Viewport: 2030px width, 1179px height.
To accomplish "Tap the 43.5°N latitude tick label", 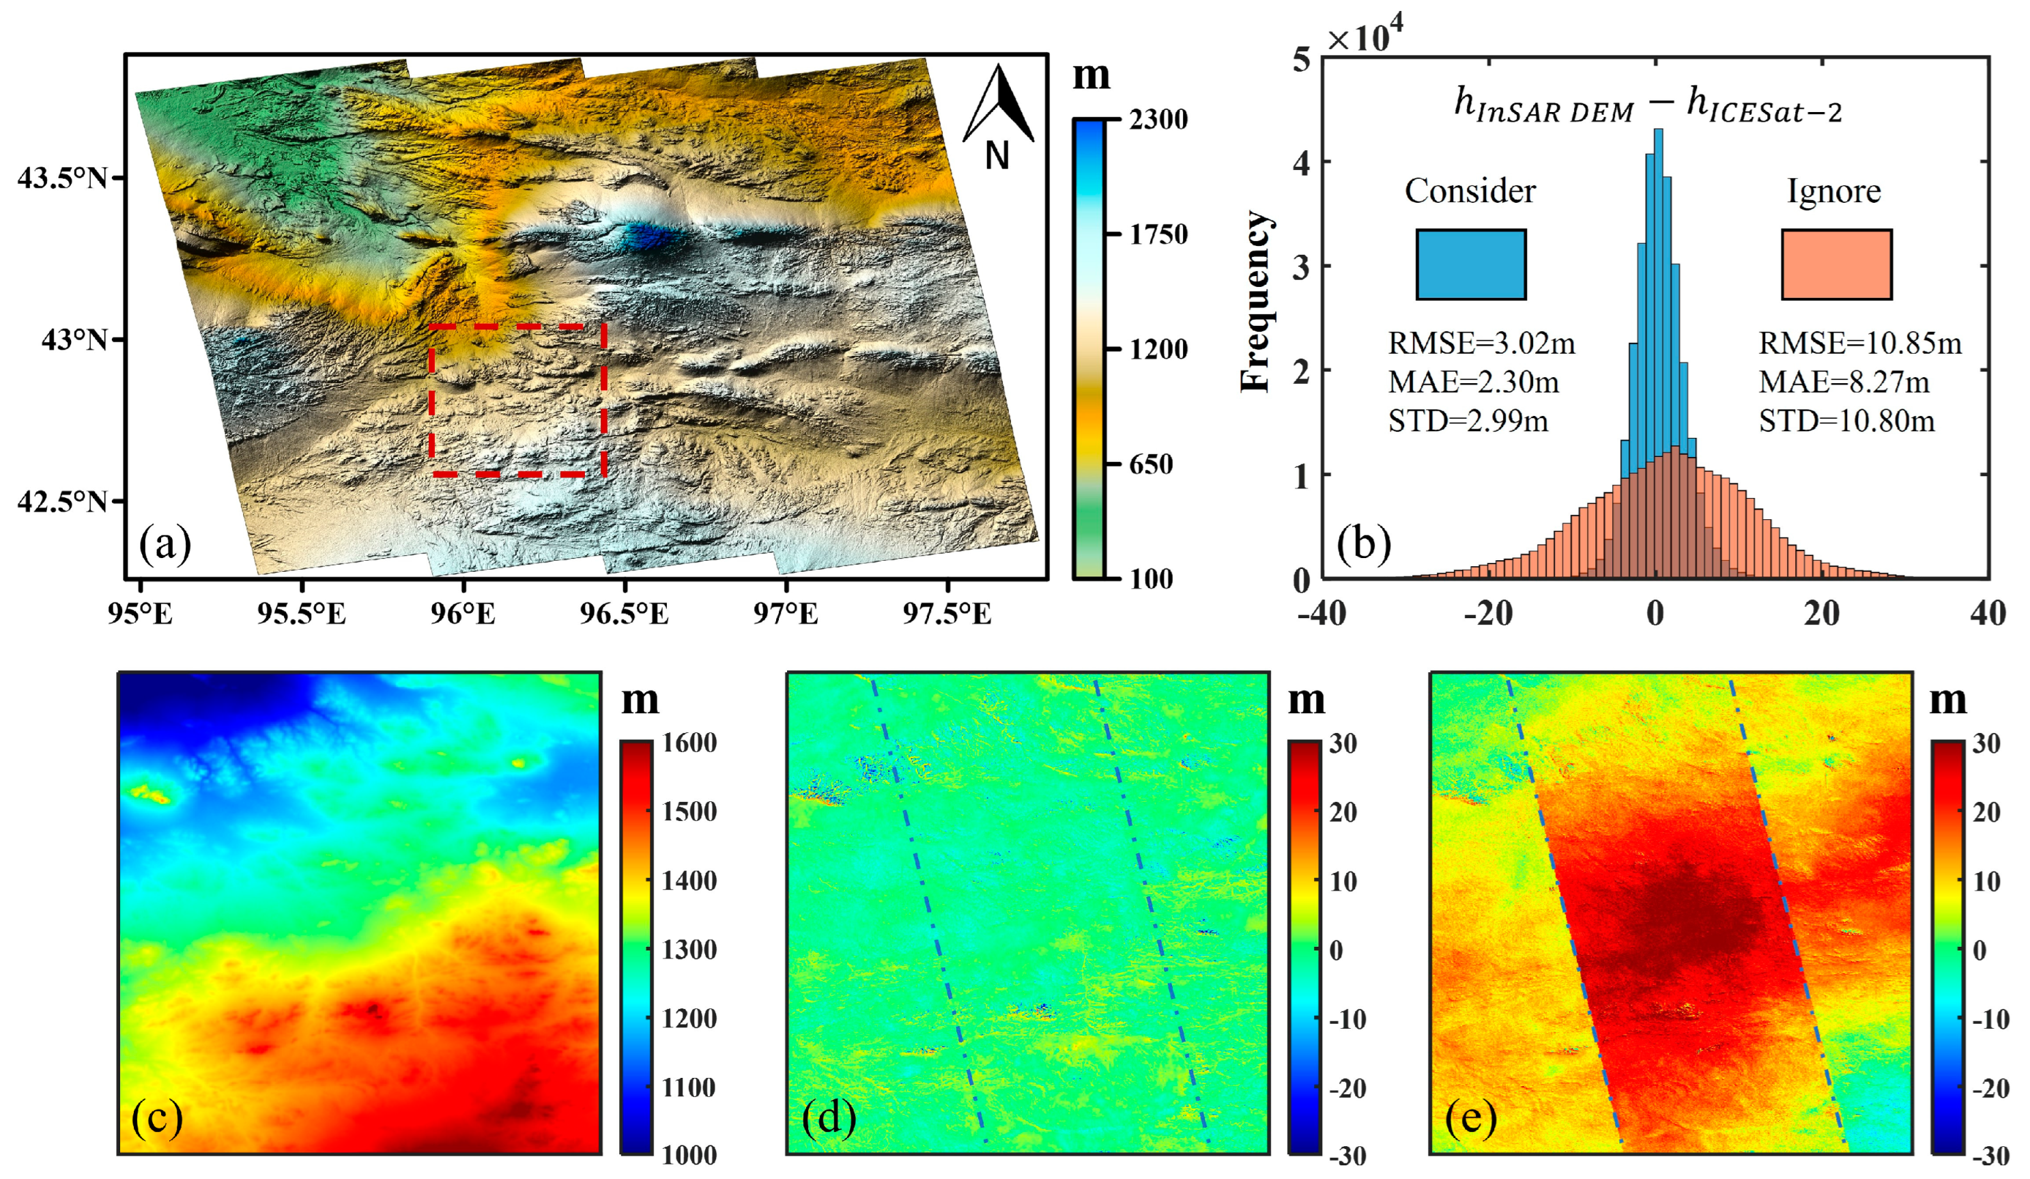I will click(x=62, y=178).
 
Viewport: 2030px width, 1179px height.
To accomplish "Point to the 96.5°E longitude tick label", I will click(x=625, y=615).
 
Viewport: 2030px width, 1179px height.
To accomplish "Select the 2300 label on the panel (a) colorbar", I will click(x=1158, y=120).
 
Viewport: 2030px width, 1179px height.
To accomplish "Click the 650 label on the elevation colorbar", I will click(x=1149, y=464).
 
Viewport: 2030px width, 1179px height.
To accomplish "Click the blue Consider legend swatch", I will click(x=1470, y=264).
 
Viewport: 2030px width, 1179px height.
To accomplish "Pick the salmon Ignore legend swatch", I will click(x=1836, y=264).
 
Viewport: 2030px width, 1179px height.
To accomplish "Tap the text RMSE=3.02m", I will click(x=1481, y=344).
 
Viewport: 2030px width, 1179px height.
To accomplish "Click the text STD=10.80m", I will click(x=1846, y=421).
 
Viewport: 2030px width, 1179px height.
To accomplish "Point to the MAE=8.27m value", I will click(x=1843, y=383).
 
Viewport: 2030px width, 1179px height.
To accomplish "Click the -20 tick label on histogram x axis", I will click(x=1488, y=615).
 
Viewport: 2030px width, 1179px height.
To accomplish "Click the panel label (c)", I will click(x=157, y=1119).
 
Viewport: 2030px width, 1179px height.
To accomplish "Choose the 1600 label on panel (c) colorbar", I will click(x=689, y=743).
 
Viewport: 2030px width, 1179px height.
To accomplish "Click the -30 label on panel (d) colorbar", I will click(x=1347, y=1156).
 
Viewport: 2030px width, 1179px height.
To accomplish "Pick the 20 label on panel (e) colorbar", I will click(x=1986, y=812).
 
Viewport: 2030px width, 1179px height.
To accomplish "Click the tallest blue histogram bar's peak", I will click(x=1658, y=131).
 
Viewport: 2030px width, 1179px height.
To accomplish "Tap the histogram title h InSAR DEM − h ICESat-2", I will click(x=1647, y=107).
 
